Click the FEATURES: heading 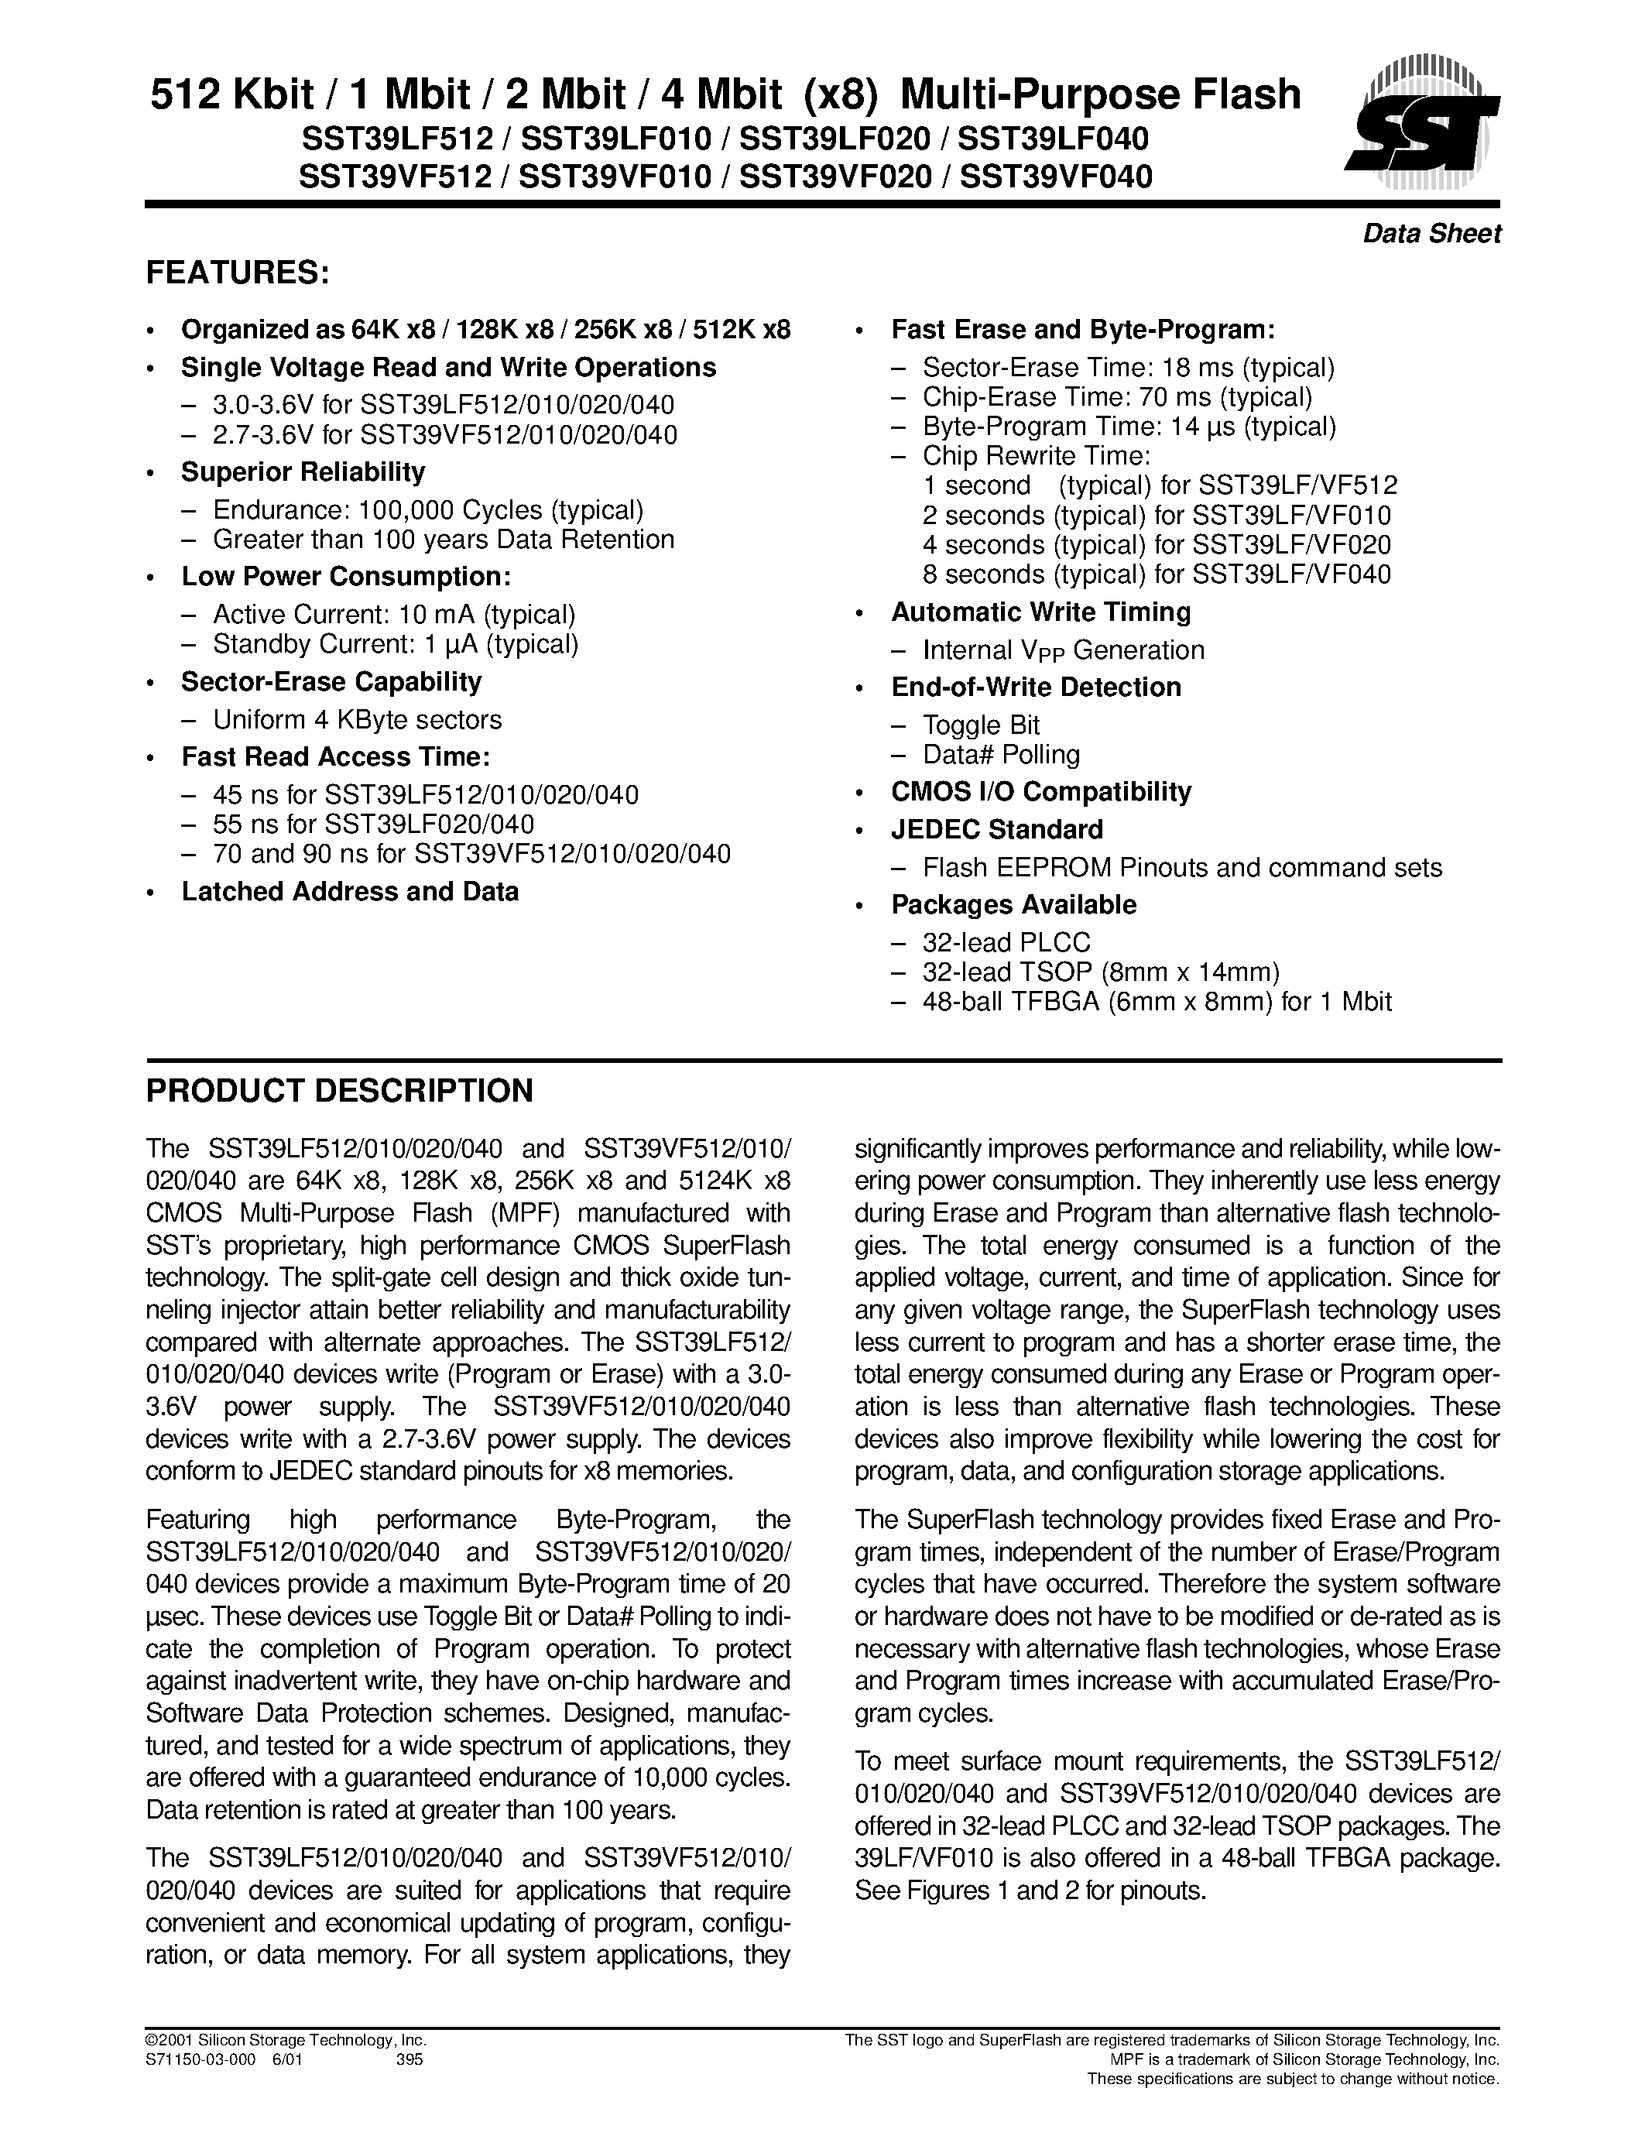point(238,274)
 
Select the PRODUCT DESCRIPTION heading point(339,1091)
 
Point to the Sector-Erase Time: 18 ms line point(1128,369)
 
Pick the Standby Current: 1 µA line point(396,644)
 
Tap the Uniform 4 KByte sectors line point(357,721)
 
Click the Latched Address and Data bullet point(350,892)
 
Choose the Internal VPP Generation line point(1062,651)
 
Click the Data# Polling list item point(1001,756)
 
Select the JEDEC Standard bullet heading point(997,831)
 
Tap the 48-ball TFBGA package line point(1156,1001)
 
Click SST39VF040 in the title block point(1055,177)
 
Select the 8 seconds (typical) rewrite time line point(1156,574)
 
